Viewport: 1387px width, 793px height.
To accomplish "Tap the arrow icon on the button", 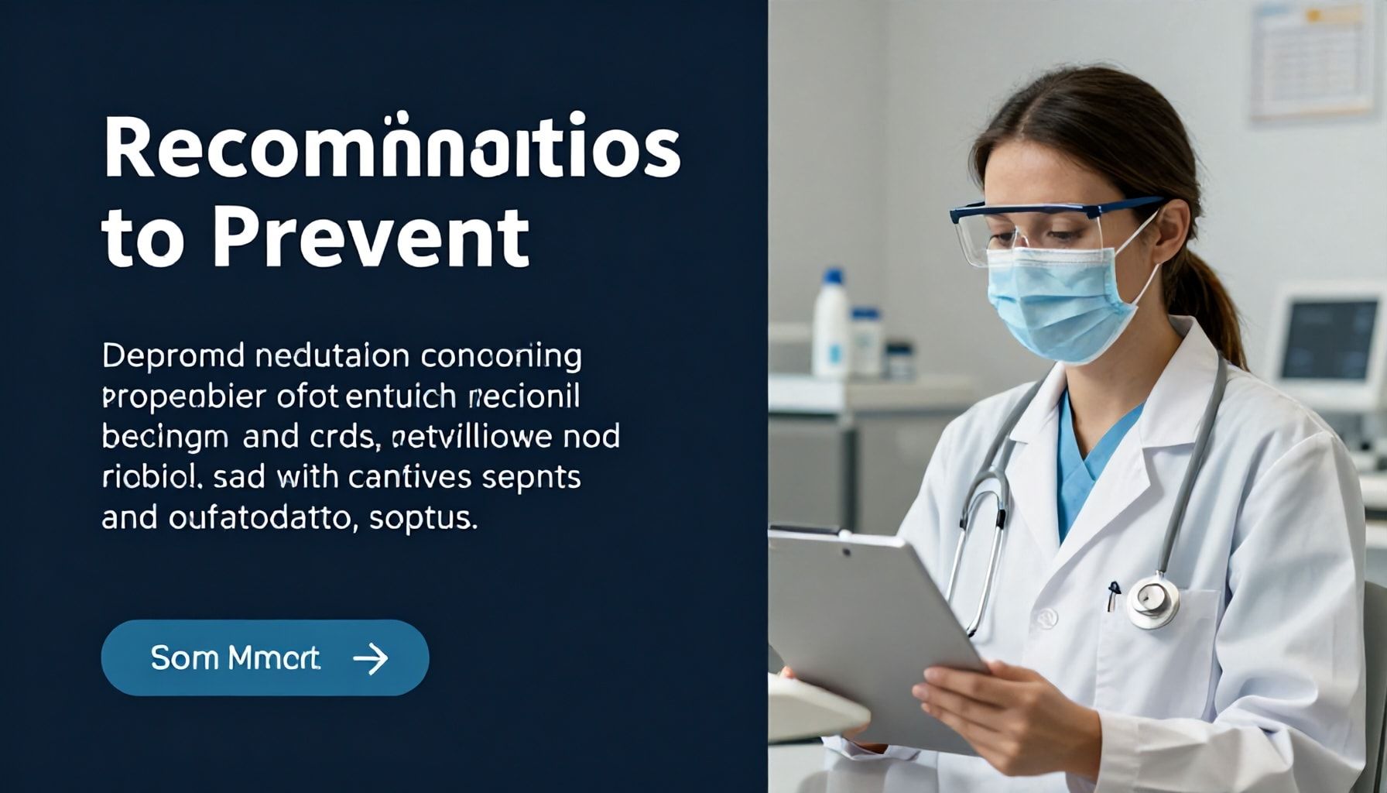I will point(370,658).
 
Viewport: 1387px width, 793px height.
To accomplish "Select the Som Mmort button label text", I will point(235,658).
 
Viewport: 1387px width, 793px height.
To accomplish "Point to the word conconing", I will point(502,356).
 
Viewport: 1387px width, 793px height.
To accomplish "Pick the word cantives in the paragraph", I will point(410,477).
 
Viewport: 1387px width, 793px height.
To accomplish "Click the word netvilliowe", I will point(473,437).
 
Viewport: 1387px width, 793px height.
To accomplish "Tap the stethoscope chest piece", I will point(1152,600).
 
